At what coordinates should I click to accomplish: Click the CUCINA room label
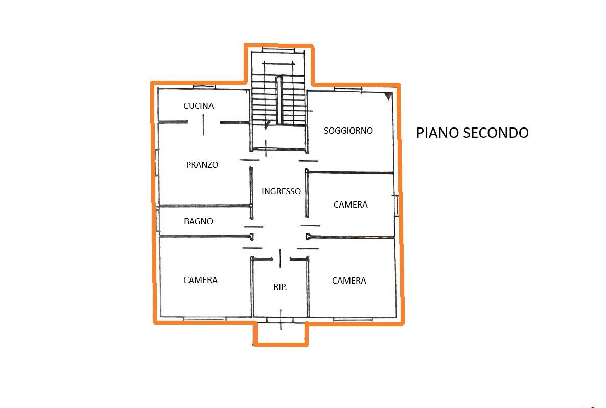(x=199, y=106)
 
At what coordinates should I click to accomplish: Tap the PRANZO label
(x=202, y=165)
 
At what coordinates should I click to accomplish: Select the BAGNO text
(x=198, y=221)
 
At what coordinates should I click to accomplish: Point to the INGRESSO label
(x=281, y=191)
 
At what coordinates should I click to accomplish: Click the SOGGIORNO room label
(x=348, y=131)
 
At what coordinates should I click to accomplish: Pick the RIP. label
(x=280, y=287)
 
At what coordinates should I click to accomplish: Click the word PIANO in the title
(x=437, y=133)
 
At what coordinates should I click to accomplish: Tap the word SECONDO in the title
(x=496, y=133)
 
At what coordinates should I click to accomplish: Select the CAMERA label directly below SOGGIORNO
(x=351, y=205)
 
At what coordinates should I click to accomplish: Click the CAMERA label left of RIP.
(x=200, y=280)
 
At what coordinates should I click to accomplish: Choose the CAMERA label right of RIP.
(x=349, y=280)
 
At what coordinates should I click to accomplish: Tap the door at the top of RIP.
(x=280, y=259)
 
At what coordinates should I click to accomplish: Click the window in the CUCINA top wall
(x=204, y=87)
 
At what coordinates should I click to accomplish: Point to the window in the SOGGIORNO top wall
(x=348, y=89)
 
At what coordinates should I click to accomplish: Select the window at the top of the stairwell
(x=278, y=50)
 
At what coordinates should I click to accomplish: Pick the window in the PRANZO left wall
(x=157, y=163)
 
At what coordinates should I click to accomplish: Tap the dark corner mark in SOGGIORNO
(x=389, y=96)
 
